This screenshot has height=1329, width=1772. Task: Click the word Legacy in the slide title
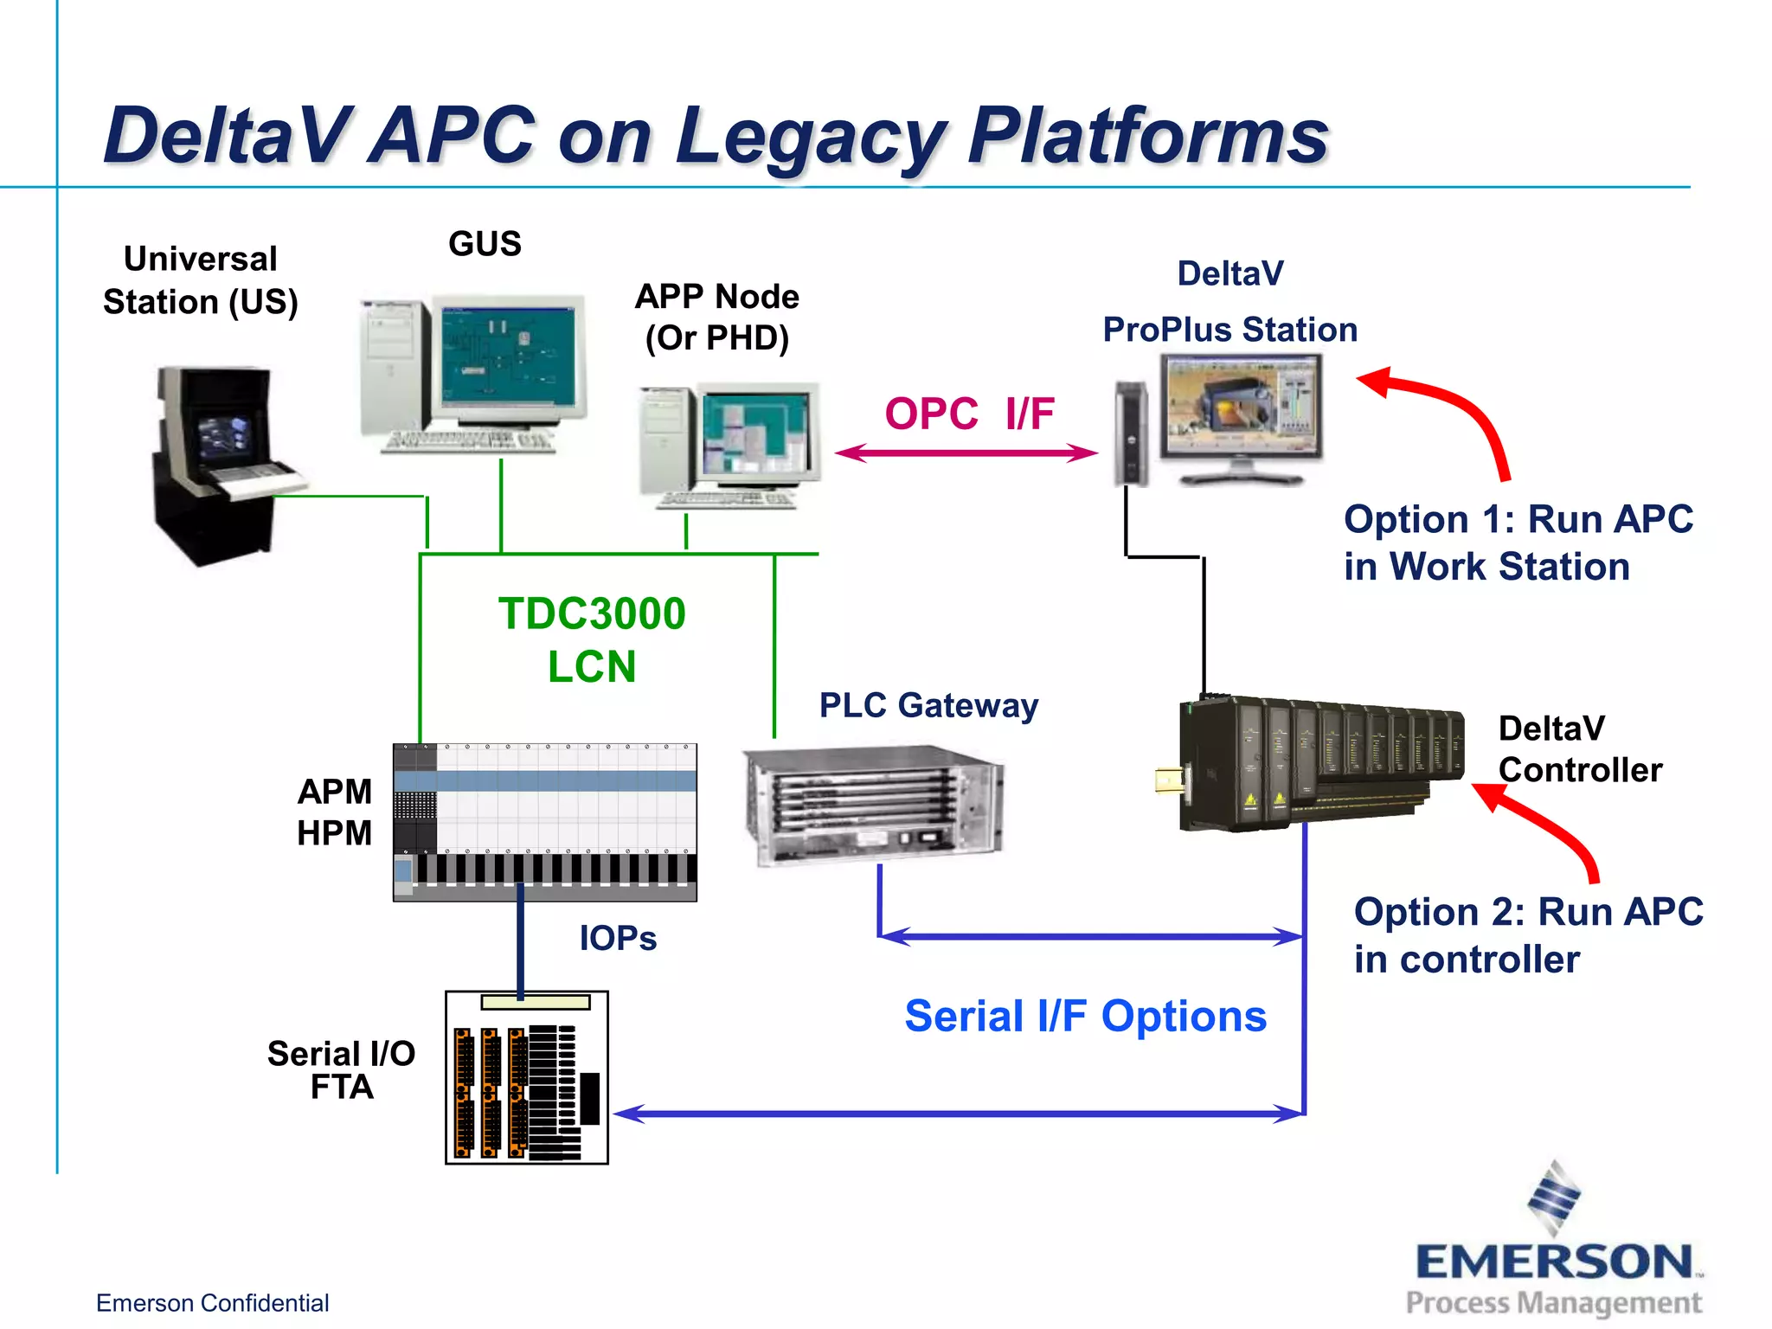tap(809, 137)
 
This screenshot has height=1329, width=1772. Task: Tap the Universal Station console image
tap(221, 463)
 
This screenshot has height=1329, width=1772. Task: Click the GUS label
tap(485, 244)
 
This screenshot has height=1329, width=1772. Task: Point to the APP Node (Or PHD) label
tap(716, 317)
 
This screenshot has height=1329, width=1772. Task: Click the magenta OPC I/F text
tap(969, 414)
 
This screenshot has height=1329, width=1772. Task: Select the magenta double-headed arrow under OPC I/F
tap(966, 453)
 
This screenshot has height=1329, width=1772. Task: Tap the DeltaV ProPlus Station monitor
tap(1241, 407)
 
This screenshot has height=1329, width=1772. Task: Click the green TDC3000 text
tap(592, 614)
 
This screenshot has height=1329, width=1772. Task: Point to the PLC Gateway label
tap(928, 705)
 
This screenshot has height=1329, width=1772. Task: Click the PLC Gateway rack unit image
tap(872, 806)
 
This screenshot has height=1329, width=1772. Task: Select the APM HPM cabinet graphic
tap(545, 822)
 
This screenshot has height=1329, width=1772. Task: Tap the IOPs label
tap(618, 938)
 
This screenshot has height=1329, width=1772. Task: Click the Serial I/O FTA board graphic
tap(526, 1078)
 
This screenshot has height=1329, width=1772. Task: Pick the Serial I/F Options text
tap(1085, 1016)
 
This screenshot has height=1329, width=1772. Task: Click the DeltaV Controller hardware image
tap(1315, 761)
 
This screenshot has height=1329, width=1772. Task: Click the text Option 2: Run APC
tap(1528, 912)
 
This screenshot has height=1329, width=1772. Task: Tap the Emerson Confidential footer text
tap(212, 1303)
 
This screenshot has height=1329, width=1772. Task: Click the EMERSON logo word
tap(1554, 1262)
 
